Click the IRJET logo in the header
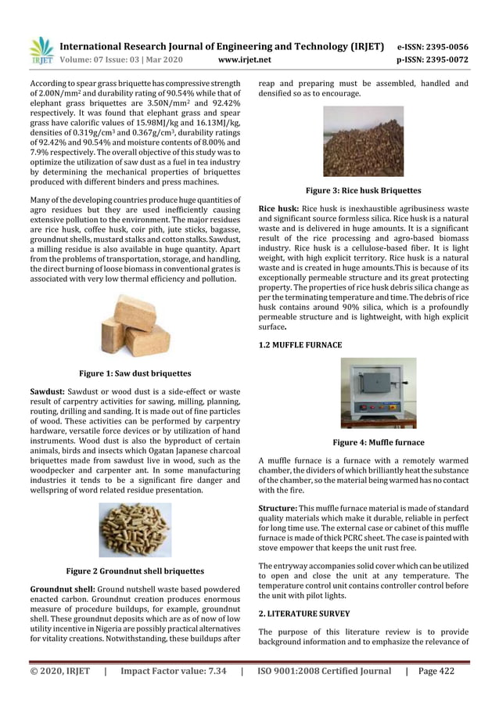pos(40,51)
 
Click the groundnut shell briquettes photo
pos(135,530)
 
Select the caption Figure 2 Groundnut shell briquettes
pos(135,571)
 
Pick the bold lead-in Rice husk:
pos(278,209)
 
